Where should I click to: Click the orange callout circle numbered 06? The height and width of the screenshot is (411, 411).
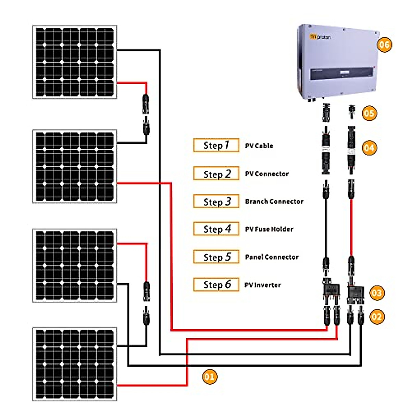coord(384,45)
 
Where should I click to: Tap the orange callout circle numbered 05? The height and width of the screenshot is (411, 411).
coord(369,113)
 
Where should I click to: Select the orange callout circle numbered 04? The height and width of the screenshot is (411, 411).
coord(369,148)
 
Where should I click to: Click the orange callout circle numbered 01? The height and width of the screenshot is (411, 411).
coord(210,377)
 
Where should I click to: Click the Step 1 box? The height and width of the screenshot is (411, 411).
coord(216,145)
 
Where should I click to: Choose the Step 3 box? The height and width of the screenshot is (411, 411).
coord(216,201)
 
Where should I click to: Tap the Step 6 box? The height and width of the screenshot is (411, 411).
coord(216,285)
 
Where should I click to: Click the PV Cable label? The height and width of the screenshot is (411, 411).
coord(259,146)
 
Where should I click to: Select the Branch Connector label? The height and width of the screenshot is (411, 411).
coord(274,201)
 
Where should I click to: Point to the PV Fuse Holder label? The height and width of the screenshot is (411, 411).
coord(269,229)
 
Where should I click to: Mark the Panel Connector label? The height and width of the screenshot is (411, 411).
coord(272,257)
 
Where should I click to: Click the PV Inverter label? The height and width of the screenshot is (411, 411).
coord(262,285)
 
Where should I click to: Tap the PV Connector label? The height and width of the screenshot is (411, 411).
coord(267,174)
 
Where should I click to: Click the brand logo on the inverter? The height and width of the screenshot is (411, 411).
coord(320,37)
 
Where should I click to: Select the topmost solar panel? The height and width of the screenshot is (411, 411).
coord(75,62)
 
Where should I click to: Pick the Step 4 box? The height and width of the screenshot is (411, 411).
coord(216,229)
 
